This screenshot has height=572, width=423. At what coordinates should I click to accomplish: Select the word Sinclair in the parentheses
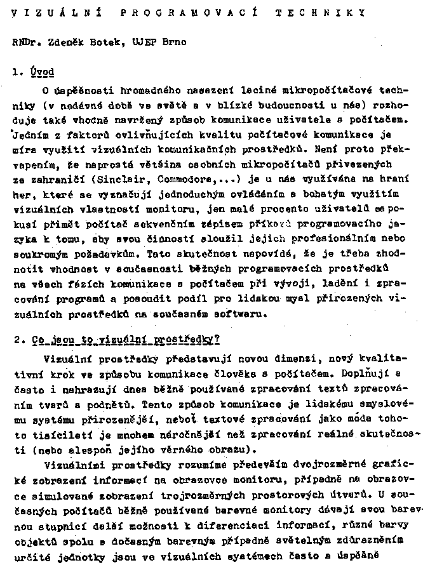pyautogui.click(x=113, y=178)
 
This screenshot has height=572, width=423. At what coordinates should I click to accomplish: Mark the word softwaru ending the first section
pyautogui.click(x=243, y=313)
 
